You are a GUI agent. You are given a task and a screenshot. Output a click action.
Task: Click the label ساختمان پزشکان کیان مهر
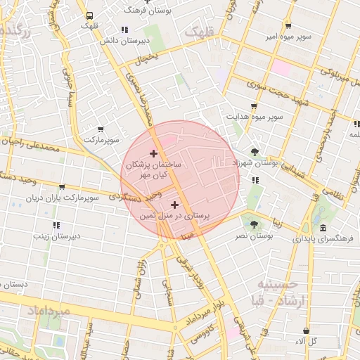click(x=153, y=168)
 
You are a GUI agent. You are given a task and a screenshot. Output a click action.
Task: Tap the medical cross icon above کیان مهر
click(x=154, y=153)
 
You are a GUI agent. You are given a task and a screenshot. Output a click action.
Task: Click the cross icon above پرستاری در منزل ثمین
click(x=174, y=204)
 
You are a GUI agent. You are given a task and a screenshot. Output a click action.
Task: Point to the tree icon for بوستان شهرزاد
click(x=254, y=151)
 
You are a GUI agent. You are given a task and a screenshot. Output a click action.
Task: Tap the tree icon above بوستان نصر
click(x=254, y=224)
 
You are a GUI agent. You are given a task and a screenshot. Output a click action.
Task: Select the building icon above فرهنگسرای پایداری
click(x=323, y=229)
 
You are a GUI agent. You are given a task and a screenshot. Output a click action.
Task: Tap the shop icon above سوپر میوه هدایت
click(x=254, y=105)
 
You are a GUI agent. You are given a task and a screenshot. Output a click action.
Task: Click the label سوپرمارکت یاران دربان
click(x=63, y=198)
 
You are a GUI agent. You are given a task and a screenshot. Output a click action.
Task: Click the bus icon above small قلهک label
click(x=89, y=15)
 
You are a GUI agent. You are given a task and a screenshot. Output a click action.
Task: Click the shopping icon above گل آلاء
click(x=306, y=330)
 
